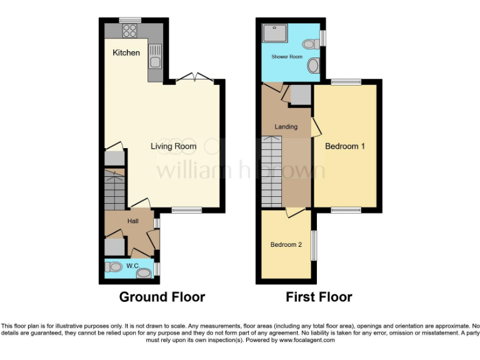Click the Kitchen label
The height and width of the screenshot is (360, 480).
(126, 52)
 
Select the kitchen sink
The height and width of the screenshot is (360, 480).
(154, 56)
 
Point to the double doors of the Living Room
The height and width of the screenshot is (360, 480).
(192, 78)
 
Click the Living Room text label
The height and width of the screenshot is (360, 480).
(173, 146)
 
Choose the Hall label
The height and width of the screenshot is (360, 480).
(133, 221)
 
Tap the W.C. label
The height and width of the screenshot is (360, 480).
(131, 266)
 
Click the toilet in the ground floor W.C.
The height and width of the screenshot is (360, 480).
(114, 267)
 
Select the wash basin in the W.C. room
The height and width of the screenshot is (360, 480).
(144, 273)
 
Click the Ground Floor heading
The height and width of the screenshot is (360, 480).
(162, 297)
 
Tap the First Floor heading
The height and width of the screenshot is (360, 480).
(319, 297)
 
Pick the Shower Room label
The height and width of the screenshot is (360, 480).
(287, 57)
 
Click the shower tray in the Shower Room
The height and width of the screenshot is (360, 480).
(273, 33)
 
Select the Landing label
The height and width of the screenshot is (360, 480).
(286, 127)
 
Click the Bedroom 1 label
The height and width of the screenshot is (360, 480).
(345, 146)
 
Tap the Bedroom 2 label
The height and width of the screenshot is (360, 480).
(286, 244)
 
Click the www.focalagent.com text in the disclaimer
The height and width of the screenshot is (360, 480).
(307, 340)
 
